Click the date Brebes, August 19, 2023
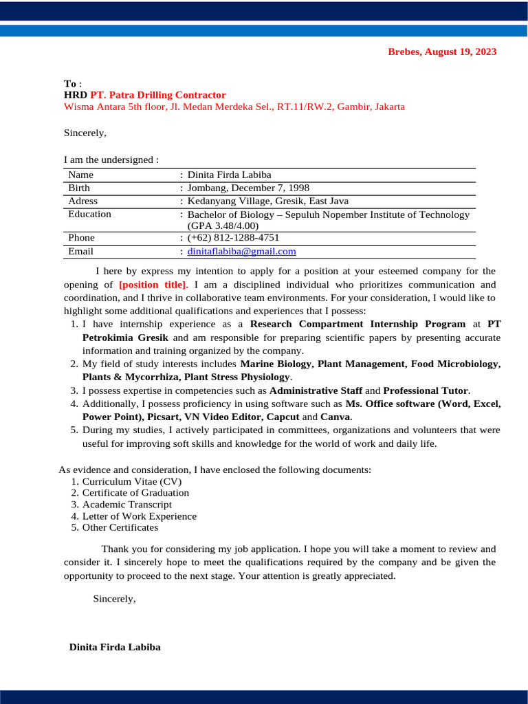pyautogui.click(x=442, y=52)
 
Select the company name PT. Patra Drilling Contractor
pyautogui.click(x=157, y=95)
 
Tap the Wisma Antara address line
pyautogui.click(x=234, y=107)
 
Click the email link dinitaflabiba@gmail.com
pyautogui.click(x=241, y=252)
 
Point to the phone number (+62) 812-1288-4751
pyautogui.click(x=233, y=238)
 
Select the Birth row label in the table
pyautogui.click(x=79, y=188)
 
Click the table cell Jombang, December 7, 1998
pyautogui.click(x=248, y=188)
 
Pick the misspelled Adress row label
pyautogui.click(x=83, y=201)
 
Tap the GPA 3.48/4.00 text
pyautogui.click(x=223, y=225)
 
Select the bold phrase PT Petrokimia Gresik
pyautogui.click(x=124, y=338)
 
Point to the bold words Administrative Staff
pyautogui.click(x=316, y=390)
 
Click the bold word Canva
pyautogui.click(x=335, y=417)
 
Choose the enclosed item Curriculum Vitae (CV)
pyautogui.click(x=131, y=481)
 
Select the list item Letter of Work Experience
pyautogui.click(x=139, y=516)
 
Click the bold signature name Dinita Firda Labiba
pyautogui.click(x=115, y=647)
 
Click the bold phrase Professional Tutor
pyautogui.click(x=426, y=390)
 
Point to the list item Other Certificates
pyautogui.click(x=120, y=527)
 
